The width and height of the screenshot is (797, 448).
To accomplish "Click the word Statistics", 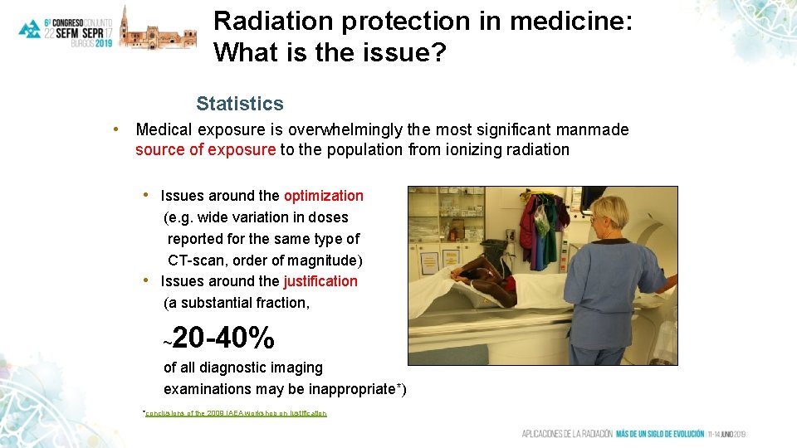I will [x=239, y=104].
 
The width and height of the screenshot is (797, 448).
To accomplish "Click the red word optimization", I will [x=324, y=196].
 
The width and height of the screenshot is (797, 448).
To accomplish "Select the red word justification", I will [x=320, y=281].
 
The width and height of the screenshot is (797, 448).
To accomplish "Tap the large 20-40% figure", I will [x=223, y=338].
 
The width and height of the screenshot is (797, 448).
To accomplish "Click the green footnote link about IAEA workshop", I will [x=236, y=413].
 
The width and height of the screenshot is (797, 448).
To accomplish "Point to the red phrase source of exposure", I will [x=205, y=150].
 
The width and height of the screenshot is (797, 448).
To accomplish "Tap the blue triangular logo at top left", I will [x=30, y=29].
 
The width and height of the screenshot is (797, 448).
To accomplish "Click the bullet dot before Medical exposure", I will [x=119, y=129].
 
